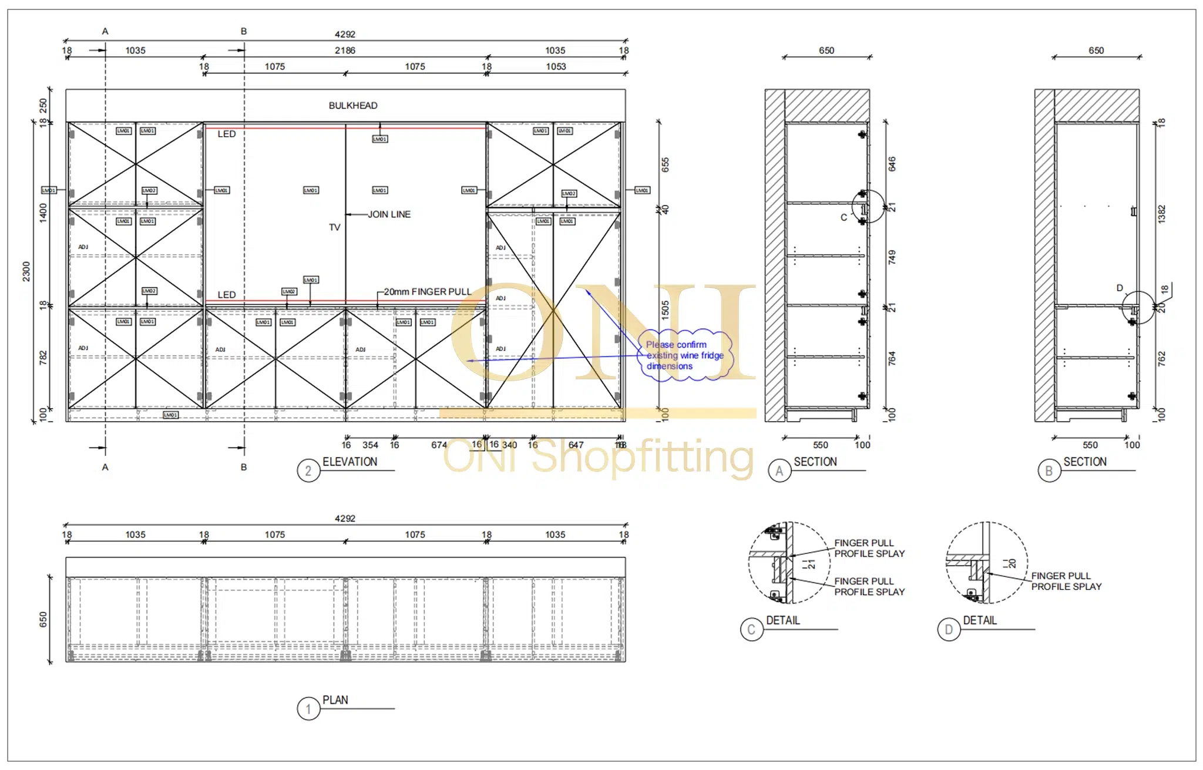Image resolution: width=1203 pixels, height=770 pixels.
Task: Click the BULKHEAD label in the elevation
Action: [352, 106]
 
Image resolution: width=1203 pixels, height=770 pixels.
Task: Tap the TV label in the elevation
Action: [334, 227]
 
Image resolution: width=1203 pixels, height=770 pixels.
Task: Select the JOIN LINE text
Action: [389, 214]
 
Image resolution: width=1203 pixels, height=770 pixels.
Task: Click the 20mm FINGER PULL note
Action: [427, 292]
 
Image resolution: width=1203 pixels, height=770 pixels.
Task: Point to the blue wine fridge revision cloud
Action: [685, 355]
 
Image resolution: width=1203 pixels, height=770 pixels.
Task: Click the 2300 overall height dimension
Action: [26, 271]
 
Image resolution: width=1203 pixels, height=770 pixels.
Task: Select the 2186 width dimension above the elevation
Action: [345, 51]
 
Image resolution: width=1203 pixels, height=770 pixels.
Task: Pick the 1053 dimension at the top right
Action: [556, 67]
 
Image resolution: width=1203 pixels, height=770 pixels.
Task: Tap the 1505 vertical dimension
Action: [666, 310]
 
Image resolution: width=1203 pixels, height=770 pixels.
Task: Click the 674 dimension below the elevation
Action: [439, 445]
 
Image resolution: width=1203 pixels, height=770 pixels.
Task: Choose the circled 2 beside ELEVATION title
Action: [308, 471]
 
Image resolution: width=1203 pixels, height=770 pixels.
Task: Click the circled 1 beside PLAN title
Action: [308, 709]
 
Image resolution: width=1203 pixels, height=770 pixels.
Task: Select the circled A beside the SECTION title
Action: [779, 471]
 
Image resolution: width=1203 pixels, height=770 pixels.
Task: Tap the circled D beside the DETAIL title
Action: [949, 630]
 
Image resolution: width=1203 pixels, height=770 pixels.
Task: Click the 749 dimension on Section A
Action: [892, 257]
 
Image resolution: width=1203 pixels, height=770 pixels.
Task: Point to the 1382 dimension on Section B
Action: [1161, 214]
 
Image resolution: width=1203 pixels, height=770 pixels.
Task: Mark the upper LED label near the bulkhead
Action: [226, 134]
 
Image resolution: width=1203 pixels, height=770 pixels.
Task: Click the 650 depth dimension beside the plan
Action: [43, 620]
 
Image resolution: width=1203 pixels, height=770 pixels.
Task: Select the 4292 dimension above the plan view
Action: [345, 519]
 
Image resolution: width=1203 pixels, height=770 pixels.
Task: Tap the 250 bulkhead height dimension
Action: [43, 106]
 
